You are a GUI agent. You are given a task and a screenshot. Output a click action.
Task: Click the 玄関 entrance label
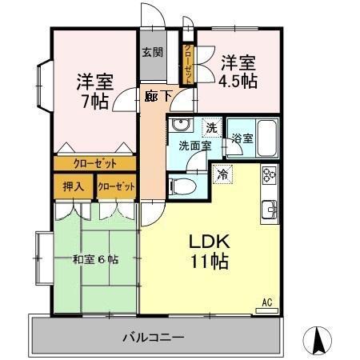(x=153, y=54)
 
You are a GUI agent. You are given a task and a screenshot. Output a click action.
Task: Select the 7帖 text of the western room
(x=95, y=102)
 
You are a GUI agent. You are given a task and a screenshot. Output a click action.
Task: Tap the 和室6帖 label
(x=95, y=258)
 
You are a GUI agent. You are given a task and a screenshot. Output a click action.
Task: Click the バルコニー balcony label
(x=154, y=337)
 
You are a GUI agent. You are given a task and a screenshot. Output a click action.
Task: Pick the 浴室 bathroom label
(x=242, y=138)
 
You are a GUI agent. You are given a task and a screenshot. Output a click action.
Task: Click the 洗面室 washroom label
(x=194, y=146)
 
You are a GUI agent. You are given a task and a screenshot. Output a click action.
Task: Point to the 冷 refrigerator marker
(x=223, y=172)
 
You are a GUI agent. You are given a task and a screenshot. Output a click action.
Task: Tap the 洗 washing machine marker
(x=210, y=126)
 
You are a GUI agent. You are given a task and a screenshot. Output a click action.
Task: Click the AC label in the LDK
(x=269, y=302)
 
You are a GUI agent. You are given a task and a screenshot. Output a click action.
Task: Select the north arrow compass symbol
(x=319, y=342)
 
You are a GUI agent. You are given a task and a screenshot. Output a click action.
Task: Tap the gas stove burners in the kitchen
(x=269, y=174)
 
